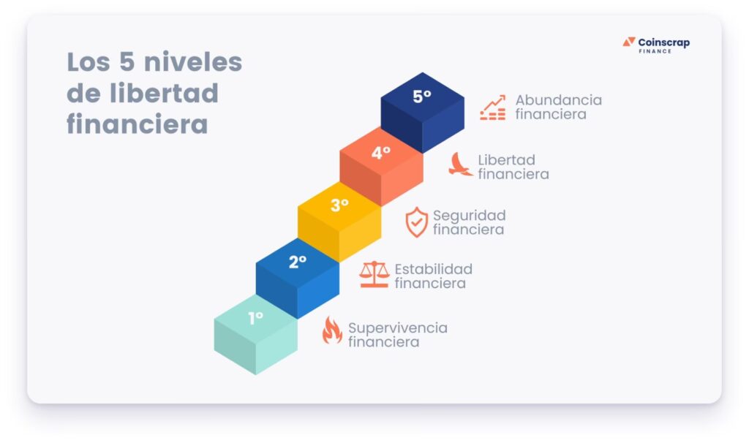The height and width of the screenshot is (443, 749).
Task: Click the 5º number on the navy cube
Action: (x=422, y=96)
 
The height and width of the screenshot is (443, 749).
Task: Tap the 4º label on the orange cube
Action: (x=380, y=153)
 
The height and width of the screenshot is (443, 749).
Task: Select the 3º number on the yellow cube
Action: (x=339, y=205)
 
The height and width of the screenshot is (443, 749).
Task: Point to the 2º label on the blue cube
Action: (x=297, y=262)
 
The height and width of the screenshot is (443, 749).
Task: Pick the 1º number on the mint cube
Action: (x=255, y=318)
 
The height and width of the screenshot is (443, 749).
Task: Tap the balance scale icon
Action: (x=374, y=274)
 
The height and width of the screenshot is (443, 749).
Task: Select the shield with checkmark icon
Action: (x=416, y=222)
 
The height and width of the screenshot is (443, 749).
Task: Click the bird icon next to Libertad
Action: (x=460, y=164)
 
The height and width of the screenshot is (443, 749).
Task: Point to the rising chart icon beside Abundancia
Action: (x=492, y=107)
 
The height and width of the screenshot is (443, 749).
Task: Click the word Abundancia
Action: (x=558, y=99)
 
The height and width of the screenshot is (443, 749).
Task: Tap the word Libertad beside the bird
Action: (x=506, y=160)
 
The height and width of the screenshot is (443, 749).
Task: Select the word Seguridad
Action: (x=469, y=216)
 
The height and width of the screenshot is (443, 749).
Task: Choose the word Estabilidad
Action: (x=433, y=269)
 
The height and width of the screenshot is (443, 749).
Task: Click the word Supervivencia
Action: (x=397, y=328)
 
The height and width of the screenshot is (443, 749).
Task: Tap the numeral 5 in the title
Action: (x=127, y=62)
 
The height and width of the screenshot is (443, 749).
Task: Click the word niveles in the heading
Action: (x=193, y=62)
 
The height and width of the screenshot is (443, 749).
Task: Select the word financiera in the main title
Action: (x=137, y=124)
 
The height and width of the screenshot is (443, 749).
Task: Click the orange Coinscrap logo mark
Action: (x=629, y=42)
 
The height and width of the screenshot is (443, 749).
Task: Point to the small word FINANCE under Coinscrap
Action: (x=655, y=51)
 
